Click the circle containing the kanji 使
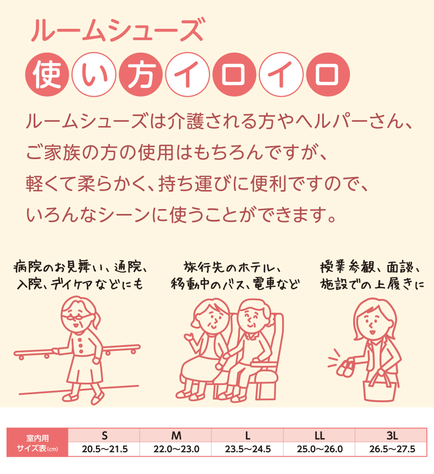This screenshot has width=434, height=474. (47, 74)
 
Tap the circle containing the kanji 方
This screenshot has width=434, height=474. (141, 74)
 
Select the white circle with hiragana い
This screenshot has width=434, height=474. (94, 74)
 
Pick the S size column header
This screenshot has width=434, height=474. (104, 435)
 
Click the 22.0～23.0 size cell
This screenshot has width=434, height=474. (176, 449)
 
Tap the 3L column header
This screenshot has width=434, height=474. (392, 435)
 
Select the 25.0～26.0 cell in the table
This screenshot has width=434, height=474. (320, 449)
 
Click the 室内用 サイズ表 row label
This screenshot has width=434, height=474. (37, 443)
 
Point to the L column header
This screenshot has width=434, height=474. (248, 435)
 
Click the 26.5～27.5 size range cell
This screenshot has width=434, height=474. (392, 449)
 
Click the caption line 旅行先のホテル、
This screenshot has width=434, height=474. (233, 268)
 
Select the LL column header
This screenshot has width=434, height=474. (320, 435)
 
